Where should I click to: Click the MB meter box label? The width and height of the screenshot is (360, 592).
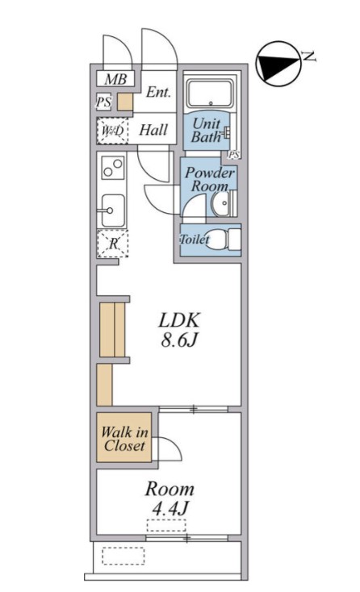[115, 79]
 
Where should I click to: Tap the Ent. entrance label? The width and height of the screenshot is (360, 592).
[158, 92]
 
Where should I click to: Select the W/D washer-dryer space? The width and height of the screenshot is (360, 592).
[112, 131]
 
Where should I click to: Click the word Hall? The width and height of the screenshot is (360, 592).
[153, 130]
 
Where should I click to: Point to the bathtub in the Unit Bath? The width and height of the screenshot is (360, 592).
[211, 94]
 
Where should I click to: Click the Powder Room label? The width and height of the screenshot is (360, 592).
[210, 179]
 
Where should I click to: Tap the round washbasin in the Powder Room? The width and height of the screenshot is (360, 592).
[221, 203]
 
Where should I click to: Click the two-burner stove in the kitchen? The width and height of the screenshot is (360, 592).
[113, 168]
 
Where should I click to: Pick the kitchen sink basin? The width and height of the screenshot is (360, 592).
[112, 211]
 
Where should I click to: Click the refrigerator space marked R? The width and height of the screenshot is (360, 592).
[112, 244]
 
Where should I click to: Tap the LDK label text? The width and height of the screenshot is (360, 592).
[178, 320]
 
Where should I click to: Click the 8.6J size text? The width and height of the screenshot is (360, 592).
[179, 340]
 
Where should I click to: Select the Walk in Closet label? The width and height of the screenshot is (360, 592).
[124, 439]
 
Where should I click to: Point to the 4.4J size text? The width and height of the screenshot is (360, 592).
[170, 509]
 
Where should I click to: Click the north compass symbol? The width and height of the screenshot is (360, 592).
[278, 65]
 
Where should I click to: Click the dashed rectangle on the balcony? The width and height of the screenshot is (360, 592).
[123, 556]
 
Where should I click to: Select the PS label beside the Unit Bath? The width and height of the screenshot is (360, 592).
[234, 154]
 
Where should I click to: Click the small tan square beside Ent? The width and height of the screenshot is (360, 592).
[124, 102]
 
